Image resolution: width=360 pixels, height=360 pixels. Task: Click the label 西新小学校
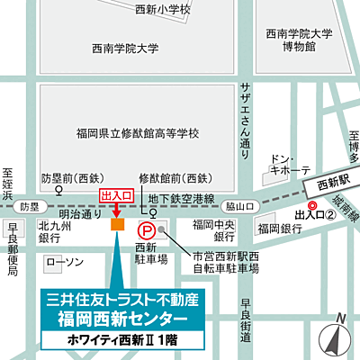(162, 10)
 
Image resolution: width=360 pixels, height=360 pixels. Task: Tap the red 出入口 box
(116, 194)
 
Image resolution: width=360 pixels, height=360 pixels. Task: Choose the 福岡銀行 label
(278, 230)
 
